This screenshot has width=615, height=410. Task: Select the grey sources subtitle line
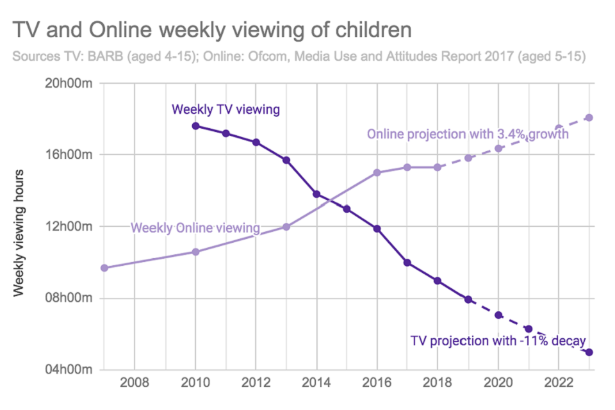(299, 56)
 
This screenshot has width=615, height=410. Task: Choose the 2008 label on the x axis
(135, 384)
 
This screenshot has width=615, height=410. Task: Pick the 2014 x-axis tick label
(316, 384)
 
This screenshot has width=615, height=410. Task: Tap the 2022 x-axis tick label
(558, 384)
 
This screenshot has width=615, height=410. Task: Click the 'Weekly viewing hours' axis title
(19, 234)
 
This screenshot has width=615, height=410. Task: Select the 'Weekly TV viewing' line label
(225, 109)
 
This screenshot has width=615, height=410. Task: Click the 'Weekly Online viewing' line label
(195, 227)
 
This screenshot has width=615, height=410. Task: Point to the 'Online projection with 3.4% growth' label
(468, 135)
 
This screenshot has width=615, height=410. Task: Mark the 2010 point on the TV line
(195, 126)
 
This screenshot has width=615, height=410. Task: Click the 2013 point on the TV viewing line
(286, 160)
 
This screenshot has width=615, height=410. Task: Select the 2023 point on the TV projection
(589, 352)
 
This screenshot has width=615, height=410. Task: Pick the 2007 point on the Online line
(104, 268)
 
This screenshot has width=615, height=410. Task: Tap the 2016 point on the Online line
(377, 173)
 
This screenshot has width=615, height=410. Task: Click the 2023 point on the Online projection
(589, 118)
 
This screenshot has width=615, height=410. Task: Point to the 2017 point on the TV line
(407, 263)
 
